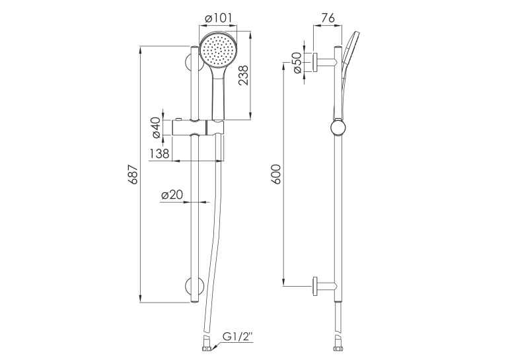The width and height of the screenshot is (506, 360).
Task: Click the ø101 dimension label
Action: pyautogui.click(x=219, y=18)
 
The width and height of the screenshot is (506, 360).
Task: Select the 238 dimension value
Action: pyautogui.click(x=244, y=75)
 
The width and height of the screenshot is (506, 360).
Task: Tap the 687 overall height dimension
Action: pyautogui.click(x=133, y=174)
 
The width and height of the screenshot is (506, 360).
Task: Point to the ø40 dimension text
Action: pyautogui.click(x=157, y=127)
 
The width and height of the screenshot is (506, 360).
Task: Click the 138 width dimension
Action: pyautogui.click(x=159, y=154)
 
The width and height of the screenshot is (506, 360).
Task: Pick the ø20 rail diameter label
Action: pyautogui.click(x=172, y=194)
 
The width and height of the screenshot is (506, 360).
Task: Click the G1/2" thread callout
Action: pyautogui.click(x=238, y=338)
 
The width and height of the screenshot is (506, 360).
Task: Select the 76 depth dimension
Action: pyautogui.click(x=328, y=18)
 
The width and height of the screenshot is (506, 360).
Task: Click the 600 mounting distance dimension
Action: pyautogui.click(x=276, y=174)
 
